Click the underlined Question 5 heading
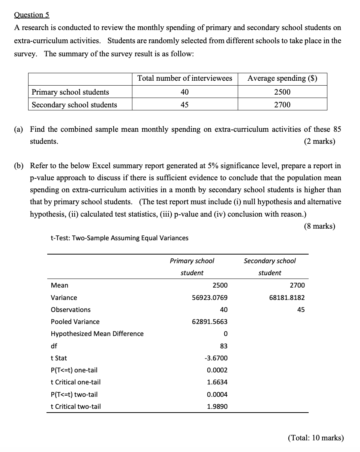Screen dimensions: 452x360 point(31,15)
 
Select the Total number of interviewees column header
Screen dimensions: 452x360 point(184,78)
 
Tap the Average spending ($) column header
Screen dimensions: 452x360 point(282,78)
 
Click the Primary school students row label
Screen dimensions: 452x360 point(70,92)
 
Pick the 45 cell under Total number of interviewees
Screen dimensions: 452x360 point(184,105)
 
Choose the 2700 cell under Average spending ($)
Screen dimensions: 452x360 point(282,105)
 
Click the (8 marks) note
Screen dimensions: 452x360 point(319,226)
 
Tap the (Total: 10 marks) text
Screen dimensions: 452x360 point(316,438)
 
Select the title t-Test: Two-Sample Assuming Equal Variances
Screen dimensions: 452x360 point(120,238)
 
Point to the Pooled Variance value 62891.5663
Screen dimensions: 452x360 point(210,322)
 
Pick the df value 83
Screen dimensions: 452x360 point(223,346)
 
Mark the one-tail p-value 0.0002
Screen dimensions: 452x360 point(217,370)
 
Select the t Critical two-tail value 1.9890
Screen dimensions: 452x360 point(217,407)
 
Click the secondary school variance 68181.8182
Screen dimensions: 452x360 point(287,298)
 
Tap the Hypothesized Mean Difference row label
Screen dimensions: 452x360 point(97,334)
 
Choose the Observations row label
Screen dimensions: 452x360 point(70,310)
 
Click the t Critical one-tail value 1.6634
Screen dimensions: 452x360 point(217,382)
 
